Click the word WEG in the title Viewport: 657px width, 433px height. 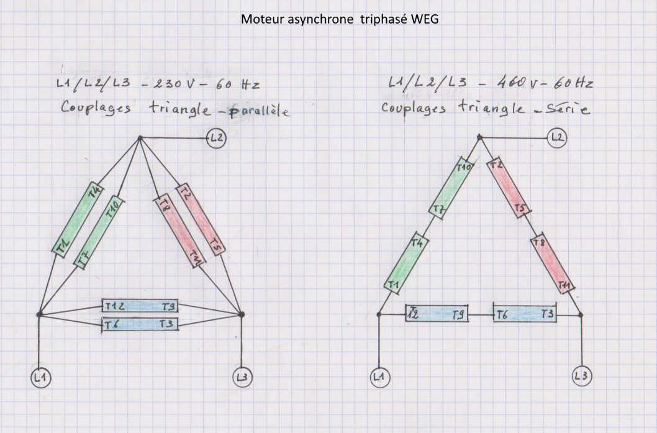pyautogui.click(x=426, y=19)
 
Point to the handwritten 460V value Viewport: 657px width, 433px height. pyautogui.click(x=494, y=82)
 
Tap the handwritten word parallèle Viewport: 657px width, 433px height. pyautogui.click(x=260, y=112)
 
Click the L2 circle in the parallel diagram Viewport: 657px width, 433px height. pyautogui.click(x=217, y=139)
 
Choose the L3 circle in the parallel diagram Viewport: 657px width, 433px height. pyautogui.click(x=242, y=376)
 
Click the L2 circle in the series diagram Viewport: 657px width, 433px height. pyautogui.click(x=557, y=137)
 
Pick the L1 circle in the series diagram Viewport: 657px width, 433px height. pyautogui.click(x=379, y=376)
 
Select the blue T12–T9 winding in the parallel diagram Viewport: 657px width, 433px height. pyautogui.click(x=140, y=306)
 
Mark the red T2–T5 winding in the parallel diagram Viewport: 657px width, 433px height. pyautogui.click(x=201, y=219)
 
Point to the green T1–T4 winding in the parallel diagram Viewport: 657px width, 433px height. pyautogui.click(x=76, y=219)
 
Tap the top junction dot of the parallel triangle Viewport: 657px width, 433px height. pyautogui.click(x=140, y=138)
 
